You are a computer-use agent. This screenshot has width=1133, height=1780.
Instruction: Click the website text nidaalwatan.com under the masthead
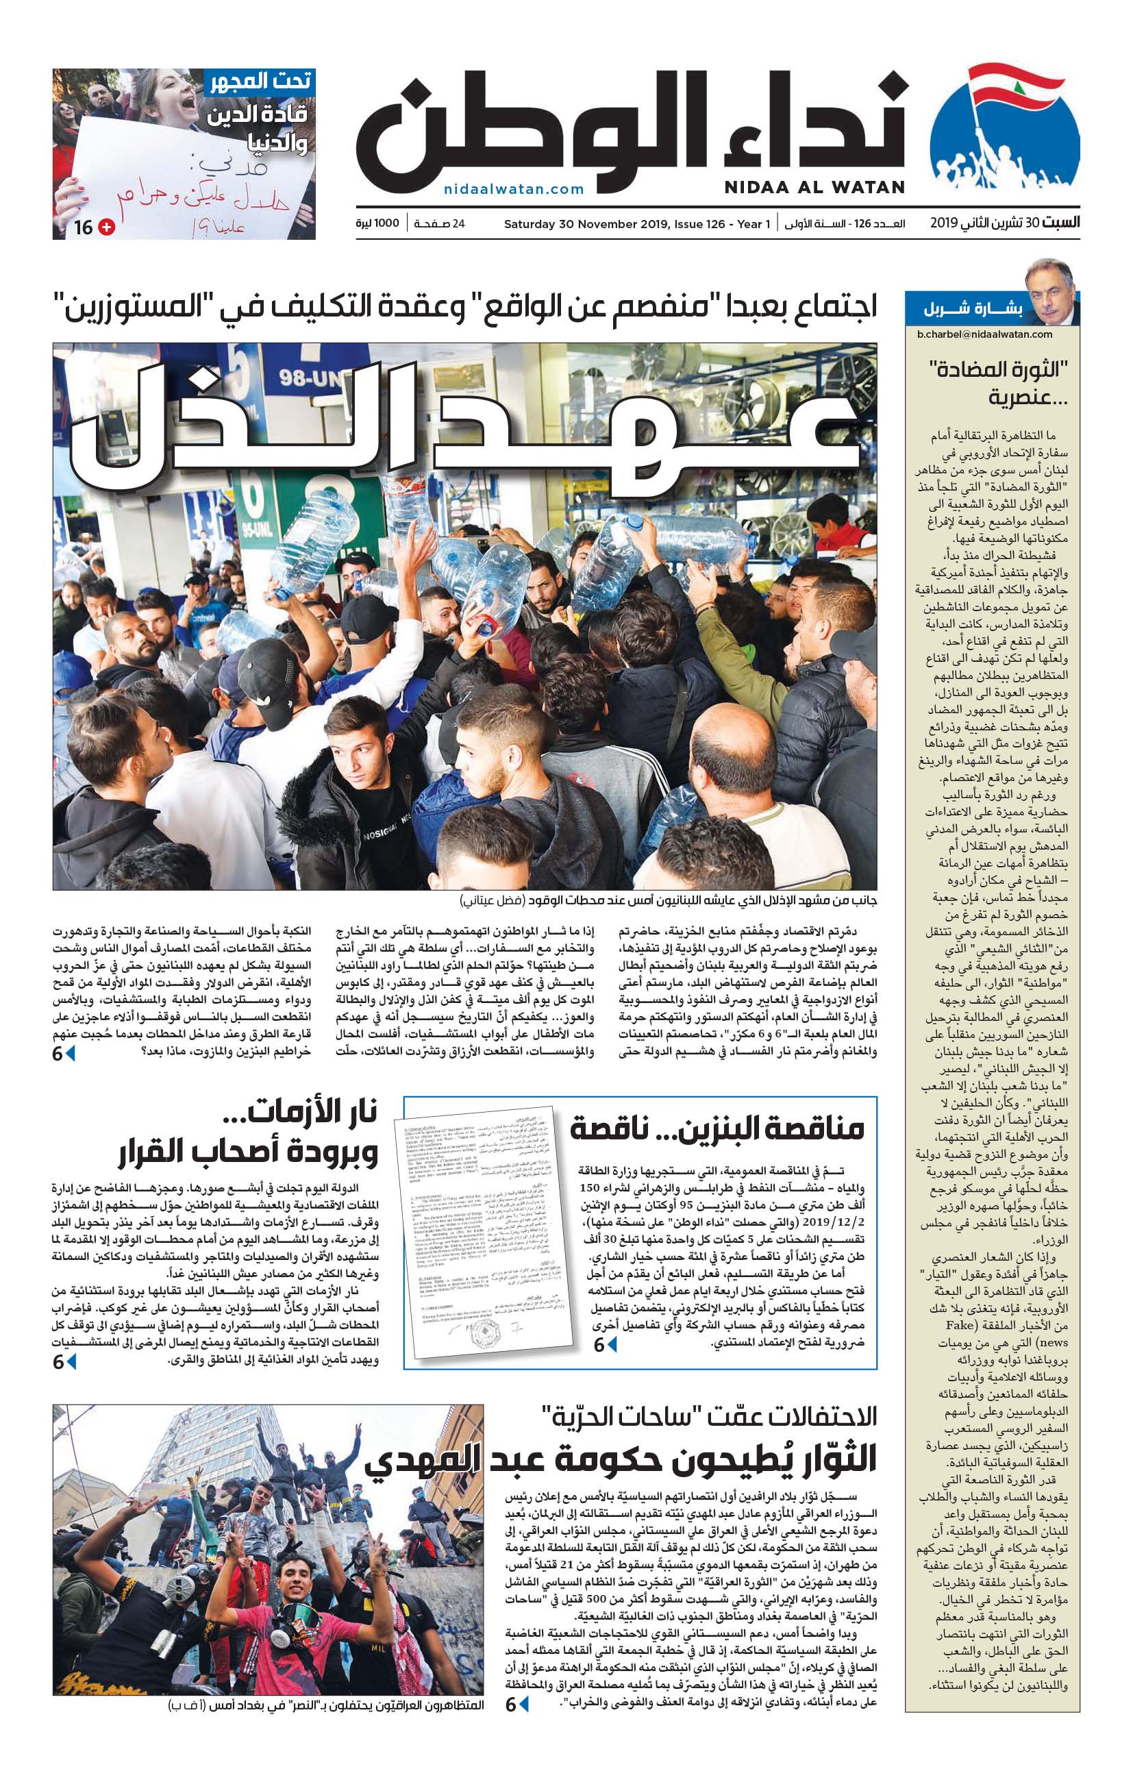tap(514, 189)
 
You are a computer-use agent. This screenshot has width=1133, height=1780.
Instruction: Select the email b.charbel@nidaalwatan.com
tap(984, 334)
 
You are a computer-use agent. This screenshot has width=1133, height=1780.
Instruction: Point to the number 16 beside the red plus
tap(84, 227)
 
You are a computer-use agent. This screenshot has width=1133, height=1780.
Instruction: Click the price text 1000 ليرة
tap(377, 223)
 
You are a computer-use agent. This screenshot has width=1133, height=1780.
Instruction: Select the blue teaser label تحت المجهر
tap(260, 82)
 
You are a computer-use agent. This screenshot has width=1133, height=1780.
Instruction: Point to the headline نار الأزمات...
tap(313, 1112)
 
